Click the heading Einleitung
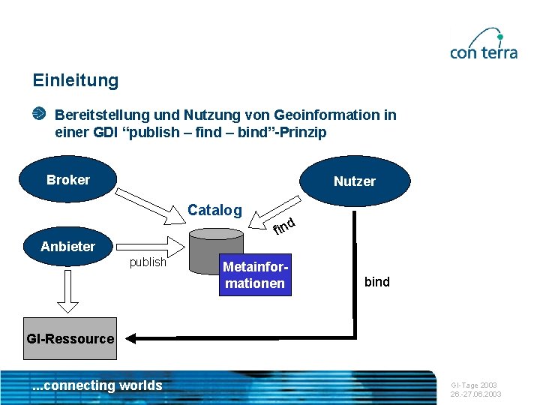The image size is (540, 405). click(75, 80)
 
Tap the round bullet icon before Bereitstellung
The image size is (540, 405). click(39, 114)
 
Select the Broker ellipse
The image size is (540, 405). click(68, 180)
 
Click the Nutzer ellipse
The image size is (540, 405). click(355, 181)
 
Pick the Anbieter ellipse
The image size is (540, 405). click(68, 247)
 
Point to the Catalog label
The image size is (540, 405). click(214, 210)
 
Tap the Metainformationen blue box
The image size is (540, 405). click(255, 275)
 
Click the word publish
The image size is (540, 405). click(148, 262)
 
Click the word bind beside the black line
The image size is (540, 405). click(377, 282)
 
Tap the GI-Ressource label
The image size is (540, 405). click(70, 338)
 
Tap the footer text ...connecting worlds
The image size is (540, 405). click(97, 385)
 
